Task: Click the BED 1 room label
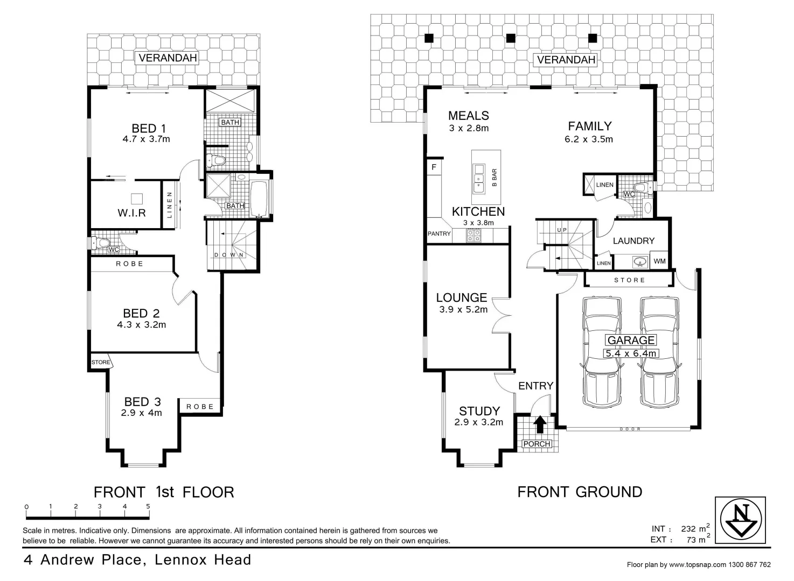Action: [149, 128]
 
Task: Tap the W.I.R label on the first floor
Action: [132, 213]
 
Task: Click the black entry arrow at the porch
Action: [538, 425]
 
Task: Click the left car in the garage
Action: [602, 353]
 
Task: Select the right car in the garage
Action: [659, 353]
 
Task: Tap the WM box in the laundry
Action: [659, 261]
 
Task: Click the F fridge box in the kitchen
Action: [434, 167]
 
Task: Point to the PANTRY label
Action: [439, 234]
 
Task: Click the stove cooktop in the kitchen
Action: [474, 235]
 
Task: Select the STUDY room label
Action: [479, 412]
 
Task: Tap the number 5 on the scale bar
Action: [148, 506]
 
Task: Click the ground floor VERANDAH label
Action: [566, 60]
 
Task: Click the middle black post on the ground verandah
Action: [511, 38]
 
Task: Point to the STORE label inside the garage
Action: [629, 280]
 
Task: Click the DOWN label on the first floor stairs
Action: [229, 255]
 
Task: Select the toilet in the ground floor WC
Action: [640, 188]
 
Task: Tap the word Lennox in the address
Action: [180, 560]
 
